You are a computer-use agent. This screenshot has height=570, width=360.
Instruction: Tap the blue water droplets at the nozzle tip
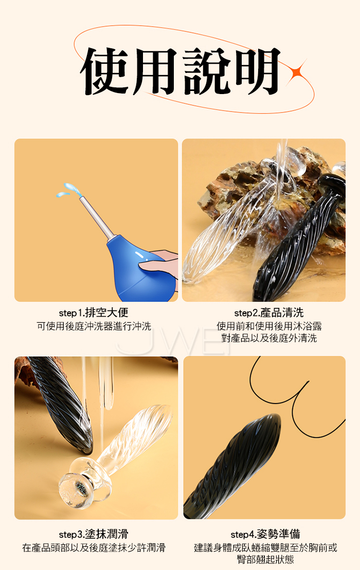[x=68, y=190]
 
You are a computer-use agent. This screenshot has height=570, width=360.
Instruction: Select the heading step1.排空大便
[x=94, y=312]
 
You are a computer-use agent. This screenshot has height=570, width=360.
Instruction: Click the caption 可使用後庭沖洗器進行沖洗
[x=94, y=326]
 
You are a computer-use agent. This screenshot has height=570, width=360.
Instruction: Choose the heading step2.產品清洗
[x=269, y=312]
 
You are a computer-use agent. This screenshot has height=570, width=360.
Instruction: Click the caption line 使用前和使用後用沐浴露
[x=269, y=326]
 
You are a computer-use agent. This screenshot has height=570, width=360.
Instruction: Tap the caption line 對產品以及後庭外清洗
[x=269, y=338]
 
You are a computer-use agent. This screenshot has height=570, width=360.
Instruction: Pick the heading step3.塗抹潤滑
[x=94, y=534]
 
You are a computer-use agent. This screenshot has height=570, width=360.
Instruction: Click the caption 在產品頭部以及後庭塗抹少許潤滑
[x=94, y=547]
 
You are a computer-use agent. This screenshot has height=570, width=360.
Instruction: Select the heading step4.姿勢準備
[x=265, y=534]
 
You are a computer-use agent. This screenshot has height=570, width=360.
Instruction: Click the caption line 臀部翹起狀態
[x=265, y=559]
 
